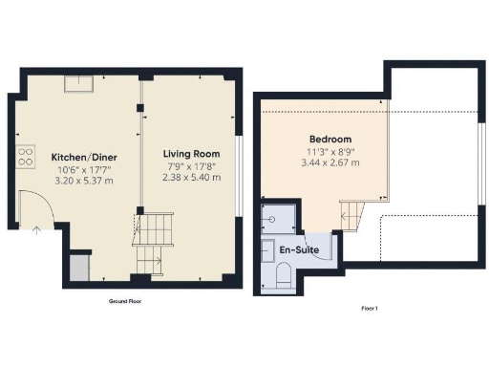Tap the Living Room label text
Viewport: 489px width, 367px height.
click(191, 154)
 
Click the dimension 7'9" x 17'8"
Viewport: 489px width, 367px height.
click(191, 166)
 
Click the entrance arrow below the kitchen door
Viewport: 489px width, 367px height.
click(35, 228)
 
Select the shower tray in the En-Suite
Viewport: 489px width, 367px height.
click(278, 218)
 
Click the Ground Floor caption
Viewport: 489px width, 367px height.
click(126, 300)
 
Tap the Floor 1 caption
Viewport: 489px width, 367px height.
click(371, 308)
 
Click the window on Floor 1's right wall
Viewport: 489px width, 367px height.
click(480, 154)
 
